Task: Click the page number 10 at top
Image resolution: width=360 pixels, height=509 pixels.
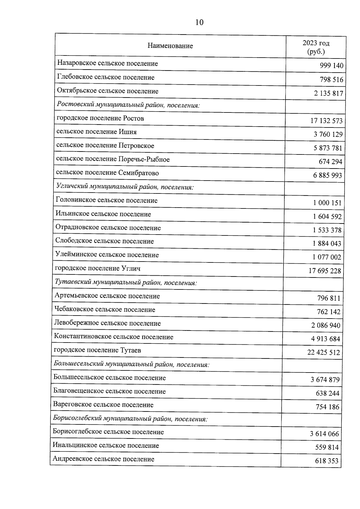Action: [199, 22]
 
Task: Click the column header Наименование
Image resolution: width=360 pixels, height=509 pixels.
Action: [170, 46]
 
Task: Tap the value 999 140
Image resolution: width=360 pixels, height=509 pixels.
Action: [331, 66]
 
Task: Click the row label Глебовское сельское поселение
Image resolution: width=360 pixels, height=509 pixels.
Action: [106, 77]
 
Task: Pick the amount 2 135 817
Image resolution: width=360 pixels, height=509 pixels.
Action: [328, 93]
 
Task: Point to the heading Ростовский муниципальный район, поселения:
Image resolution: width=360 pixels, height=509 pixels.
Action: [128, 105]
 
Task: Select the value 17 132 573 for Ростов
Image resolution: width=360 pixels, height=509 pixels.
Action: [326, 121]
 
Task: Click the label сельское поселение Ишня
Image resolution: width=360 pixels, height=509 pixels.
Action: [97, 132]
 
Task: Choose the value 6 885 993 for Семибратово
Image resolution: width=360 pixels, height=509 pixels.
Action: [328, 175]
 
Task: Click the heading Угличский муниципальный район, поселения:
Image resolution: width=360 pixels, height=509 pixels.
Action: [125, 187]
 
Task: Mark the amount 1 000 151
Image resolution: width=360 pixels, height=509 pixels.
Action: [327, 203]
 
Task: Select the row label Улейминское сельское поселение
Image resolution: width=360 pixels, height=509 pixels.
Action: [107, 255]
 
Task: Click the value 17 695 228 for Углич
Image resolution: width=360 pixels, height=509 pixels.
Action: [325, 271]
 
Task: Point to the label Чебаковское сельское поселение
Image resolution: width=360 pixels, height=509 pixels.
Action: [105, 310]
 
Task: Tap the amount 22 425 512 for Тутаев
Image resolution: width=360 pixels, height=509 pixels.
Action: [324, 352]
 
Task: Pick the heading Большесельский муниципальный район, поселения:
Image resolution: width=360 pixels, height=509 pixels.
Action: [131, 364]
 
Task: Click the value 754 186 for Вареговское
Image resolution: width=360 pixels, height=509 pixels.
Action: [327, 407]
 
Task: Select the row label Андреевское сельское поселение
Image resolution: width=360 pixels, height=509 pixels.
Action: [103, 459]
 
